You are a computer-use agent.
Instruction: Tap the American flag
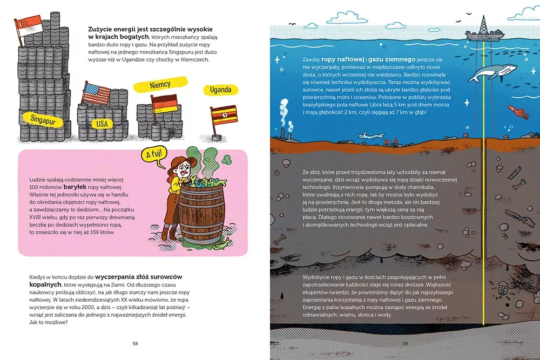[x=97, y=94]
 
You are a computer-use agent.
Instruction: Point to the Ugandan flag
[x=224, y=114]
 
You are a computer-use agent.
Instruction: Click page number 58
[x=136, y=343]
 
